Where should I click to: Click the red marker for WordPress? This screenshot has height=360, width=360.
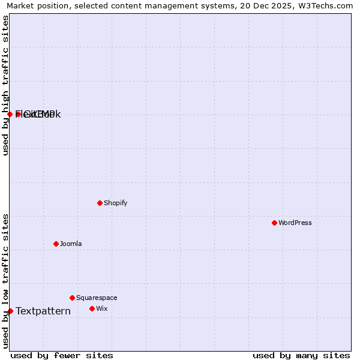(274, 223)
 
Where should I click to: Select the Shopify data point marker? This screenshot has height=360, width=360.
(100, 203)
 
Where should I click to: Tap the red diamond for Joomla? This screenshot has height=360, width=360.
(56, 244)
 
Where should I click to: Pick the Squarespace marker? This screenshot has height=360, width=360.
(72, 298)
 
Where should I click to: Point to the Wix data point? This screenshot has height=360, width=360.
(92, 308)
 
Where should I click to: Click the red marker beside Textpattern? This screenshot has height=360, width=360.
(10, 311)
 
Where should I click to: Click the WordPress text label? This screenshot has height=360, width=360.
(295, 223)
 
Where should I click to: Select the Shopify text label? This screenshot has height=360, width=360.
(116, 203)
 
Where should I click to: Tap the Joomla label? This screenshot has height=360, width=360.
(71, 244)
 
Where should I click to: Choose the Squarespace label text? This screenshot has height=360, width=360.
(97, 298)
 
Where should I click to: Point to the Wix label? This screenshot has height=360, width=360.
(102, 308)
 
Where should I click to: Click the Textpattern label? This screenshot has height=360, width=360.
(43, 311)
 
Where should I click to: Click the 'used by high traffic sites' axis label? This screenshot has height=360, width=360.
(5, 85)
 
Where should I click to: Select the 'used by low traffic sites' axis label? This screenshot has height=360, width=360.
(5, 281)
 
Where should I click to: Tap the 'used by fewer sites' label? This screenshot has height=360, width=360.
(62, 355)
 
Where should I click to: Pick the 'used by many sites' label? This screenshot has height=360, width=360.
(301, 355)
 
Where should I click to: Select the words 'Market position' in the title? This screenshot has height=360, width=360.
(36, 5)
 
